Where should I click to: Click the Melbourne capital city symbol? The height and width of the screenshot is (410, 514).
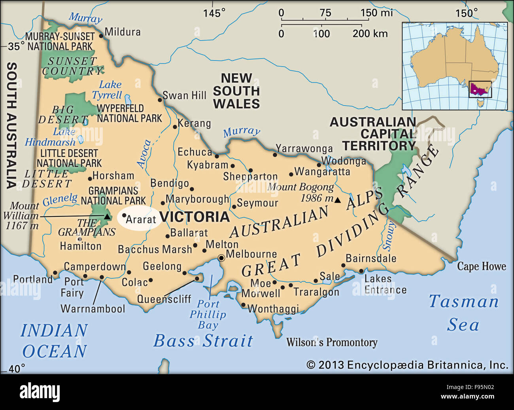[x=221, y=258]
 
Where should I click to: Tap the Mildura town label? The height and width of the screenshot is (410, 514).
[x=123, y=32]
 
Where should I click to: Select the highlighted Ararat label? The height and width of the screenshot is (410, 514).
[x=140, y=219]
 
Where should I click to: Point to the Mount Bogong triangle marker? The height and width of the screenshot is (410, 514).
[x=337, y=200]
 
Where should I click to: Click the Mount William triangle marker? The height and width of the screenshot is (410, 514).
[x=107, y=216]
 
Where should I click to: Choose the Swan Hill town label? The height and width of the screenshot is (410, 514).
[x=184, y=95]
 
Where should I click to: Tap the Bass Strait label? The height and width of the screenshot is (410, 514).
[x=203, y=341]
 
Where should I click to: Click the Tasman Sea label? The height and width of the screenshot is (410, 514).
[x=463, y=313]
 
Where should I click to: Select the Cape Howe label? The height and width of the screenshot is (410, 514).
[x=481, y=266]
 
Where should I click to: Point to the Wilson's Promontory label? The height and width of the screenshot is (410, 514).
[x=332, y=342]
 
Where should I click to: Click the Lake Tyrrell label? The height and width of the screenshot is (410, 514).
[x=108, y=90]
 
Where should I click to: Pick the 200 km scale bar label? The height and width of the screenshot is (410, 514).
[x=370, y=34]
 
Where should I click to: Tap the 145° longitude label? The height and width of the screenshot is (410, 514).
[x=214, y=13]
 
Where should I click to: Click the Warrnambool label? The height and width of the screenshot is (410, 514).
[x=93, y=309]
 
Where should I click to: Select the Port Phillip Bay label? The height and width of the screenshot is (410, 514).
[x=208, y=315]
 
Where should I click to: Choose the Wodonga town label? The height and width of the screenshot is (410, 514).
[x=344, y=161]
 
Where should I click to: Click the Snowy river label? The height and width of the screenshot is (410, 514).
[x=389, y=236]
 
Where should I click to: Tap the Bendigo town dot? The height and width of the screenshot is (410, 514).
[x=192, y=189]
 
